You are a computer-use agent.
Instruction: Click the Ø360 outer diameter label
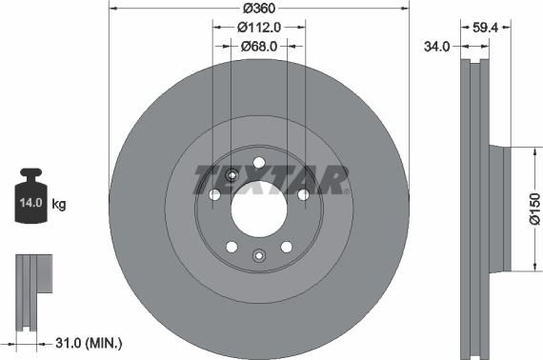point(259,8)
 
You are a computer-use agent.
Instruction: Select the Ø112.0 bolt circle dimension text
point(259,27)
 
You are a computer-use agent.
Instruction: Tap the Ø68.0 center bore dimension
point(259,46)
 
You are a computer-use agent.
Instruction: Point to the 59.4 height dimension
point(487,28)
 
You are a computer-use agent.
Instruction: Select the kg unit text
point(59,204)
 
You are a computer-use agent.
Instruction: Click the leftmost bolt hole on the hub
point(215,194)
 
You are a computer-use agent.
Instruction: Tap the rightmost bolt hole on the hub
point(303,194)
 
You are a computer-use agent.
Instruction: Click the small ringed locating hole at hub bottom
point(258,254)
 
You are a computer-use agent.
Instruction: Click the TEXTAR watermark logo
point(271,179)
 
